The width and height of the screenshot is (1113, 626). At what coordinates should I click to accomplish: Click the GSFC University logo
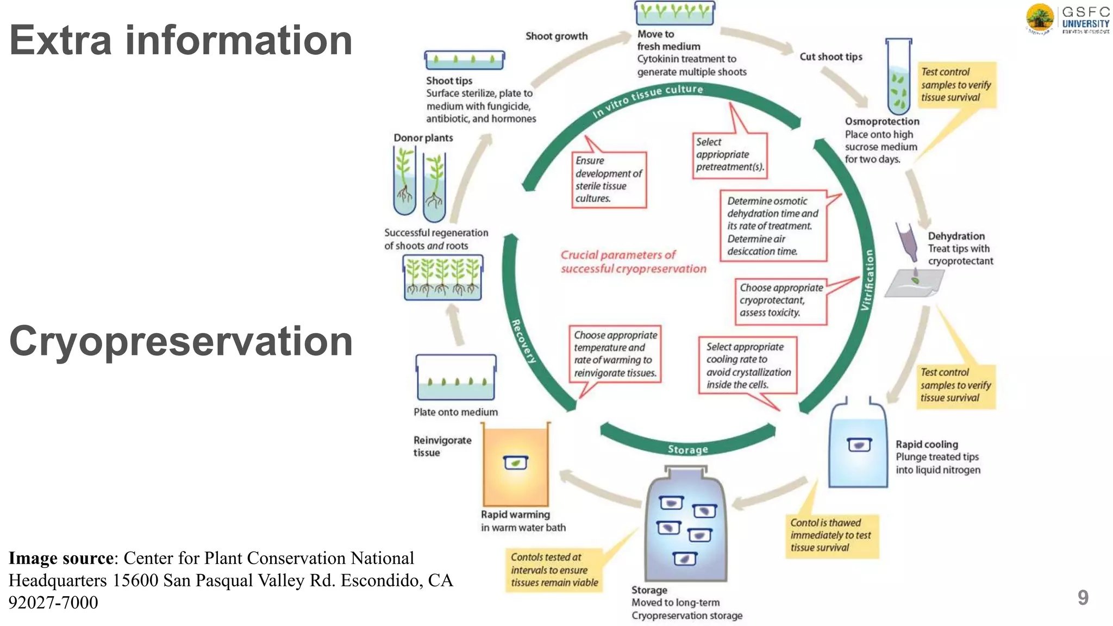[1067, 19]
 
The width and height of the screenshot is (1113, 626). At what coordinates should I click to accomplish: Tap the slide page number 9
[1083, 598]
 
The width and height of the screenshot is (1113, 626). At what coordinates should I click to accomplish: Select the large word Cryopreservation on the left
[181, 341]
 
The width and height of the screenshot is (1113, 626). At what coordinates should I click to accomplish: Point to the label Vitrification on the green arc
[867, 280]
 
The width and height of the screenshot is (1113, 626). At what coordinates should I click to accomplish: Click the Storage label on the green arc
[687, 449]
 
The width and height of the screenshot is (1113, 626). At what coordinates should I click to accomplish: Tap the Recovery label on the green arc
[523, 341]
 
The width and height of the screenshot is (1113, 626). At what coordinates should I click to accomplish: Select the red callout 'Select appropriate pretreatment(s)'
[729, 155]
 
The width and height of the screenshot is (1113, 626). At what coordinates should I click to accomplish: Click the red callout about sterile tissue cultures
[609, 179]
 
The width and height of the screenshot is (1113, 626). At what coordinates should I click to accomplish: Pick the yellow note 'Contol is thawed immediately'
[831, 536]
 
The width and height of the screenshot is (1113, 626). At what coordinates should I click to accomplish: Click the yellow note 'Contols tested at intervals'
[554, 570]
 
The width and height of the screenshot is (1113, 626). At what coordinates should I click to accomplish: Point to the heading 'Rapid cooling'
[927, 445]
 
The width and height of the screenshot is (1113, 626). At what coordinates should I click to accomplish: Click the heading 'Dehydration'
[956, 236]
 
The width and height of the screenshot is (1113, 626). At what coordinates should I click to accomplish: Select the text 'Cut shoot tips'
[830, 57]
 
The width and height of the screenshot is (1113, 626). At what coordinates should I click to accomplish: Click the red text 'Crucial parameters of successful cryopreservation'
[633, 262]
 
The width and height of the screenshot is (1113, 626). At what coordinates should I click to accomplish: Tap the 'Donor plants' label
[423, 138]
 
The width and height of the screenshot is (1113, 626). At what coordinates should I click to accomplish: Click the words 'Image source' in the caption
[61, 558]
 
